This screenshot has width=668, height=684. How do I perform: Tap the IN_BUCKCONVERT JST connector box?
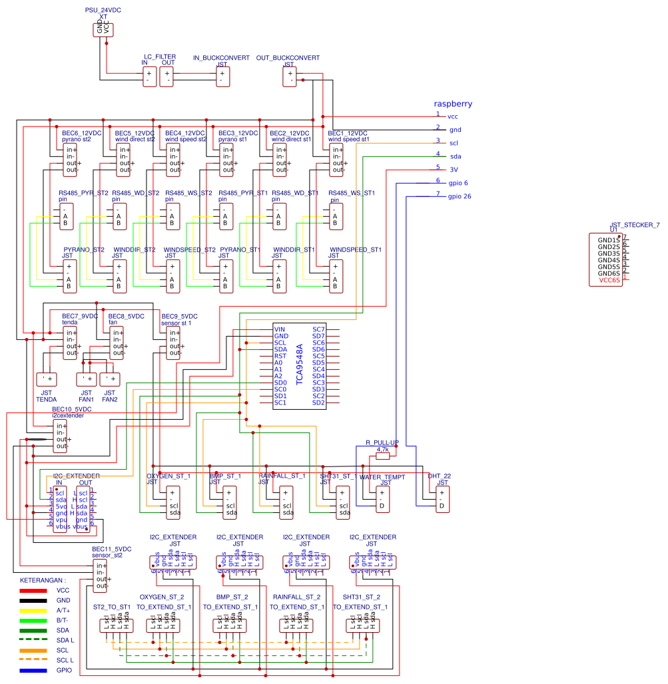223,77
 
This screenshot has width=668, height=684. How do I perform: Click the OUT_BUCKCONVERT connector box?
290,77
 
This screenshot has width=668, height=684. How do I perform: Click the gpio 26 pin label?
459,196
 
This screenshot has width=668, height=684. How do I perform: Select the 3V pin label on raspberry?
454,170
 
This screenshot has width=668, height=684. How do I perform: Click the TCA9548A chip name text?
300,365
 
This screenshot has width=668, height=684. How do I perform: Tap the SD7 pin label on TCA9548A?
318,336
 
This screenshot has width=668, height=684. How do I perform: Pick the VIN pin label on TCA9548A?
280,329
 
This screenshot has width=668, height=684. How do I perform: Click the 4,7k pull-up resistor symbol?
382,456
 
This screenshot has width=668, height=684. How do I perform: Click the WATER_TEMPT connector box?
382,499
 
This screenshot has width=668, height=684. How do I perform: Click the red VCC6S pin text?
609,280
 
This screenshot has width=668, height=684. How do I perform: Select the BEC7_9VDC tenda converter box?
70,343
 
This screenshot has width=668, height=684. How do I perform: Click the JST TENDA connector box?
46,379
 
